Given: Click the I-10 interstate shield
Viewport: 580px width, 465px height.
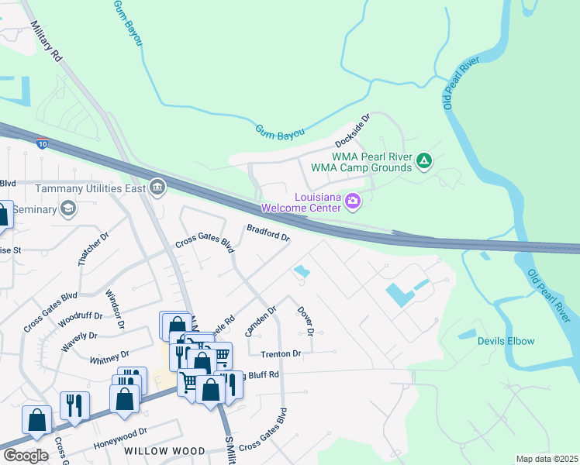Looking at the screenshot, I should [43, 143].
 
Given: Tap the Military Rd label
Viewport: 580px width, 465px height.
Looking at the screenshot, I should [46, 41].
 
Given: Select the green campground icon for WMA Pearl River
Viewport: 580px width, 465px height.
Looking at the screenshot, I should [423, 161].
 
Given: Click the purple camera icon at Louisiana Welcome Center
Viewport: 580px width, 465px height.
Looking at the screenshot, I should [353, 201].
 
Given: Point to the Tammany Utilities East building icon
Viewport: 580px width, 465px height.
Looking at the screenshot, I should [157, 187].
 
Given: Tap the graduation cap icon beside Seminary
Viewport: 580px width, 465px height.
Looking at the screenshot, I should [68, 209].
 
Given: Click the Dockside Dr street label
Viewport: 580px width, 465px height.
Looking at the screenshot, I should [353, 131].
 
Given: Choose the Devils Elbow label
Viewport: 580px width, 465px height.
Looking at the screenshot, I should [506, 341].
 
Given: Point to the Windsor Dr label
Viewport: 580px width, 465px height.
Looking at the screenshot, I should [113, 309].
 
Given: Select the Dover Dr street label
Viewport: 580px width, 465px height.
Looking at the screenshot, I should [305, 320].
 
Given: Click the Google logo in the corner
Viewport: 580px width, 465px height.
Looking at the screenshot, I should [25, 455].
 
